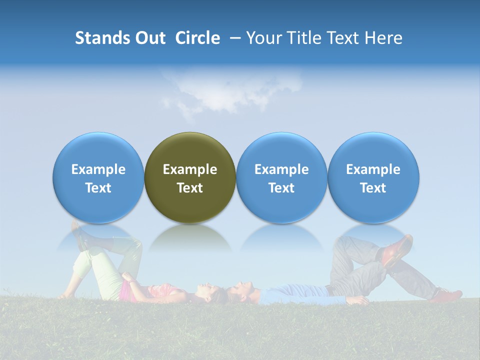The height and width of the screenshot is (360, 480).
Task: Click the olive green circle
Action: click(190, 177)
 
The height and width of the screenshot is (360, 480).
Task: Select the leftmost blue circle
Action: click(98, 177)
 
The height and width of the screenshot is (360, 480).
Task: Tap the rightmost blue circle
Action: click(373, 177)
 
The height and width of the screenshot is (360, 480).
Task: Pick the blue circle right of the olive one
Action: click(281, 177)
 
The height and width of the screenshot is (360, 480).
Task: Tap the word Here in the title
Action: click(384, 38)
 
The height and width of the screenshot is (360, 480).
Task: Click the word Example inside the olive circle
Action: click(190, 169)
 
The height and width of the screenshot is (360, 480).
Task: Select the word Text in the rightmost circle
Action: click(373, 188)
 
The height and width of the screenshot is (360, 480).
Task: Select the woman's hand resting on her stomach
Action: click(131, 278)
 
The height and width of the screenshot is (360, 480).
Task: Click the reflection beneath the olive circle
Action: click(190, 237)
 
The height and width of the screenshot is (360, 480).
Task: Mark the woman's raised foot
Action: click(77, 235)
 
